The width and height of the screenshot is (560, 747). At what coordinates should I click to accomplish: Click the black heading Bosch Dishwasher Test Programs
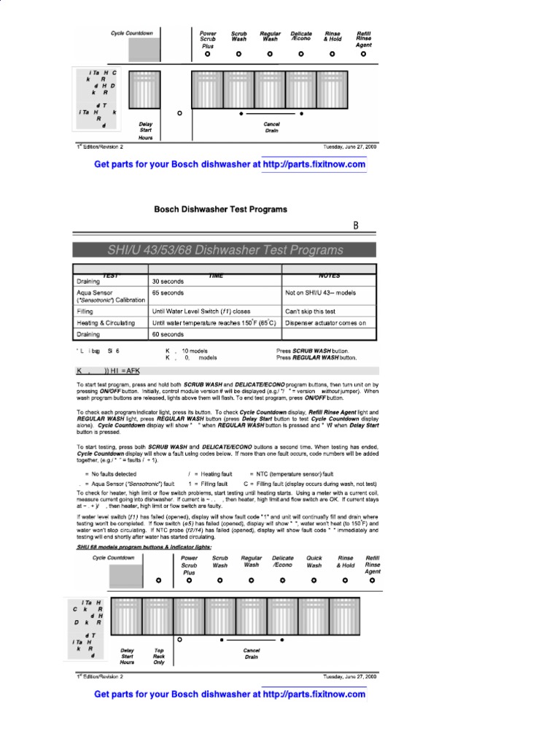pos(220,209)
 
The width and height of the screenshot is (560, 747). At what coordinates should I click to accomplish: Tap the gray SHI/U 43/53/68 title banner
pos(225,250)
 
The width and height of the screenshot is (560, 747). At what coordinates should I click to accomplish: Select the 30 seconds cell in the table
pos(168,281)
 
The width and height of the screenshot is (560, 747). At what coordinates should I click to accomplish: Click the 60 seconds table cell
pos(168,334)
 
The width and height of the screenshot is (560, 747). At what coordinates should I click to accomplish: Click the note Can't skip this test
pos(316,310)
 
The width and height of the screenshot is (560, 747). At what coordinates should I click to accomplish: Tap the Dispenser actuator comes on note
pos(326,322)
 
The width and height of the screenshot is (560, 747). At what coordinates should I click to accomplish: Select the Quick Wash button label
pos(314,562)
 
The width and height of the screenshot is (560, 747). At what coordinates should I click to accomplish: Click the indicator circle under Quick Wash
pos(314,581)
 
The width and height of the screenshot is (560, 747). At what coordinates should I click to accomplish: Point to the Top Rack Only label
pos(159,656)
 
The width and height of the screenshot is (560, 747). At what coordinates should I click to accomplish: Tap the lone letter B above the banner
pos(356,227)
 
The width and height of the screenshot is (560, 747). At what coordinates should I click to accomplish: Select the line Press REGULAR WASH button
pos(316,358)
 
